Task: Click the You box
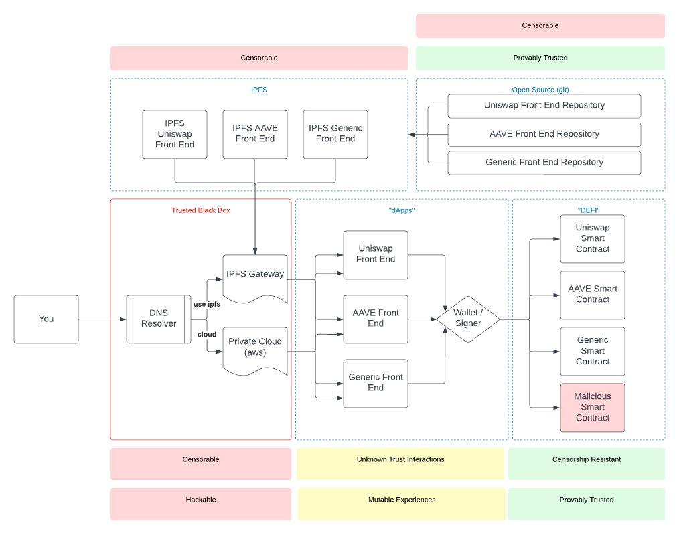click(46, 319)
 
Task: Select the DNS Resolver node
click(159, 319)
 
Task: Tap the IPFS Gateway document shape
click(255, 279)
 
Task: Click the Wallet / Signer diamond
click(468, 319)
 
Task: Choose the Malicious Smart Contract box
click(593, 407)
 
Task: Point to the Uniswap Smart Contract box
click(593, 239)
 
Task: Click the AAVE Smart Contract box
click(593, 295)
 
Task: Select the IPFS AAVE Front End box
click(255, 135)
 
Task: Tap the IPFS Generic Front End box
click(335, 135)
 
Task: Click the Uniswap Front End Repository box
click(544, 106)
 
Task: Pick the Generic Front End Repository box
click(544, 163)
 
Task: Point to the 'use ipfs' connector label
click(207, 304)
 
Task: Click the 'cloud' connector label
click(207, 335)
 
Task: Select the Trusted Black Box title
click(201, 210)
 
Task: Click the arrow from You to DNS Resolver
click(102, 319)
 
